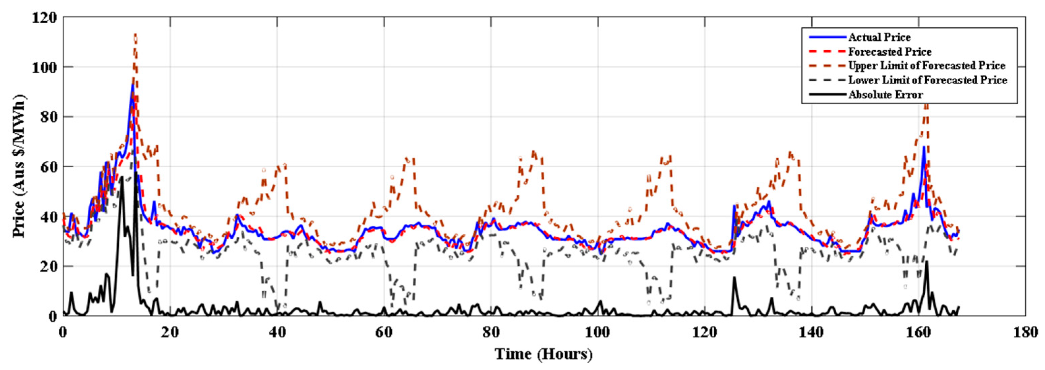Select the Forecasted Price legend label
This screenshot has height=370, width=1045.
890,52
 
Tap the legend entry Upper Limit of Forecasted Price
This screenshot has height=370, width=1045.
927,66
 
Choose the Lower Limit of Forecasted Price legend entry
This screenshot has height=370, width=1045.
927,80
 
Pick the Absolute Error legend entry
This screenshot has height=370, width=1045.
886,95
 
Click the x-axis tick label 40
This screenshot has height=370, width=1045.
277,332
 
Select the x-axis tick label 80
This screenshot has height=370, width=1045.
491,332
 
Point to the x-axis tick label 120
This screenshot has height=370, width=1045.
705,332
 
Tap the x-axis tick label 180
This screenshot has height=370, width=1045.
1025,332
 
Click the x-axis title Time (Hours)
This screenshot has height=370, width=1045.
544,354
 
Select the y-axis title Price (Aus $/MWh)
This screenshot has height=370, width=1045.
19,166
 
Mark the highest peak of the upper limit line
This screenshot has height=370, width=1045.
135,34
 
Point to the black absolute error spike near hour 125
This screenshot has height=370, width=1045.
734,277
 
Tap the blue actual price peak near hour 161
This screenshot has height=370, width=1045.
924,147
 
